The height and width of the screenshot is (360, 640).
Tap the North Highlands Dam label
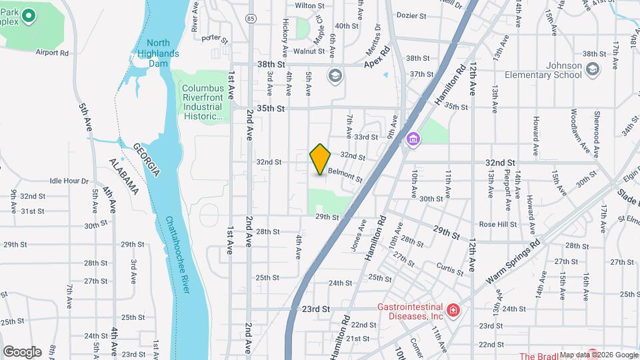159,53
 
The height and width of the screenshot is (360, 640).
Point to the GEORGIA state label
145,160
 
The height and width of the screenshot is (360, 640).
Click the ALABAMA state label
124,177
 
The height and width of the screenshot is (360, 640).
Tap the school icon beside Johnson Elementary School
593,67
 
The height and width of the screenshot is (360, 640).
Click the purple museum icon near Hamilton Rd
413,139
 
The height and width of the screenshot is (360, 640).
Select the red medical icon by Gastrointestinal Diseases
453,310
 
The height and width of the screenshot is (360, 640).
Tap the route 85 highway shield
249,17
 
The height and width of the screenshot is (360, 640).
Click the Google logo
22,351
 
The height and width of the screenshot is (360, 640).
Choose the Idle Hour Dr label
69,181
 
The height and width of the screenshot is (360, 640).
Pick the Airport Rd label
53,53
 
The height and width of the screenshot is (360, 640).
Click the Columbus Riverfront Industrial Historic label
202,102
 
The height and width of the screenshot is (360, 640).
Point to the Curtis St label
450,269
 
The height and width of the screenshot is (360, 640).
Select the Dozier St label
411,14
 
